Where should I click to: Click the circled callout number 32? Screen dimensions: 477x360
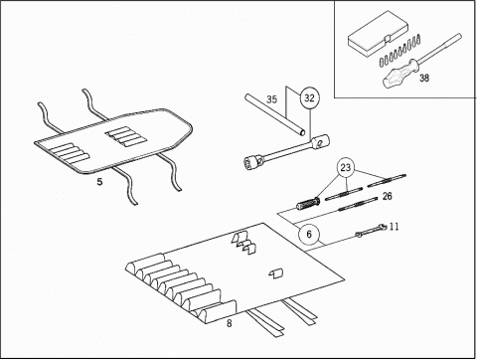click(309, 98)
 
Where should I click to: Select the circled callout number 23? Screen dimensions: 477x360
click(346, 168)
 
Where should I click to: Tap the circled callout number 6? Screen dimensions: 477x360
click(309, 235)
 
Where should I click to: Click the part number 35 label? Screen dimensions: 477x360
click(271, 99)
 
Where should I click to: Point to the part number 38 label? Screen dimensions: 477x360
click(424, 78)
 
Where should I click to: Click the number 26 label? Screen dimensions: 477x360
click(387, 196)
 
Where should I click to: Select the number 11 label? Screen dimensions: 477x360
click(394, 227)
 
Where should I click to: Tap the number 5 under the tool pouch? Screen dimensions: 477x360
click(99, 182)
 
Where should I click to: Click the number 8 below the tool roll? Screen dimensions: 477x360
click(230, 323)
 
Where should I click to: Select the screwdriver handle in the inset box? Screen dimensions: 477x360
click(399, 74)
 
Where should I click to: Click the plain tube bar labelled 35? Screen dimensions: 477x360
click(275, 114)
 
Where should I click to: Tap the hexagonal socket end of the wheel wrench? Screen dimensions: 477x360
click(252, 162)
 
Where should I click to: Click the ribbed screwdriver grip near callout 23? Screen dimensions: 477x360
click(308, 203)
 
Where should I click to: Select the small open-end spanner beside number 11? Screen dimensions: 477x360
click(372, 231)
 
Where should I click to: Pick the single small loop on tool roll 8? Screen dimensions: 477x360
click(276, 273)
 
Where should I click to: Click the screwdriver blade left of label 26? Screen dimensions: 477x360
click(357, 204)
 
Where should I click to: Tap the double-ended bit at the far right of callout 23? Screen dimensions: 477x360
click(387, 180)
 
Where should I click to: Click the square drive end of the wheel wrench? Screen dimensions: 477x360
click(320, 141)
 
